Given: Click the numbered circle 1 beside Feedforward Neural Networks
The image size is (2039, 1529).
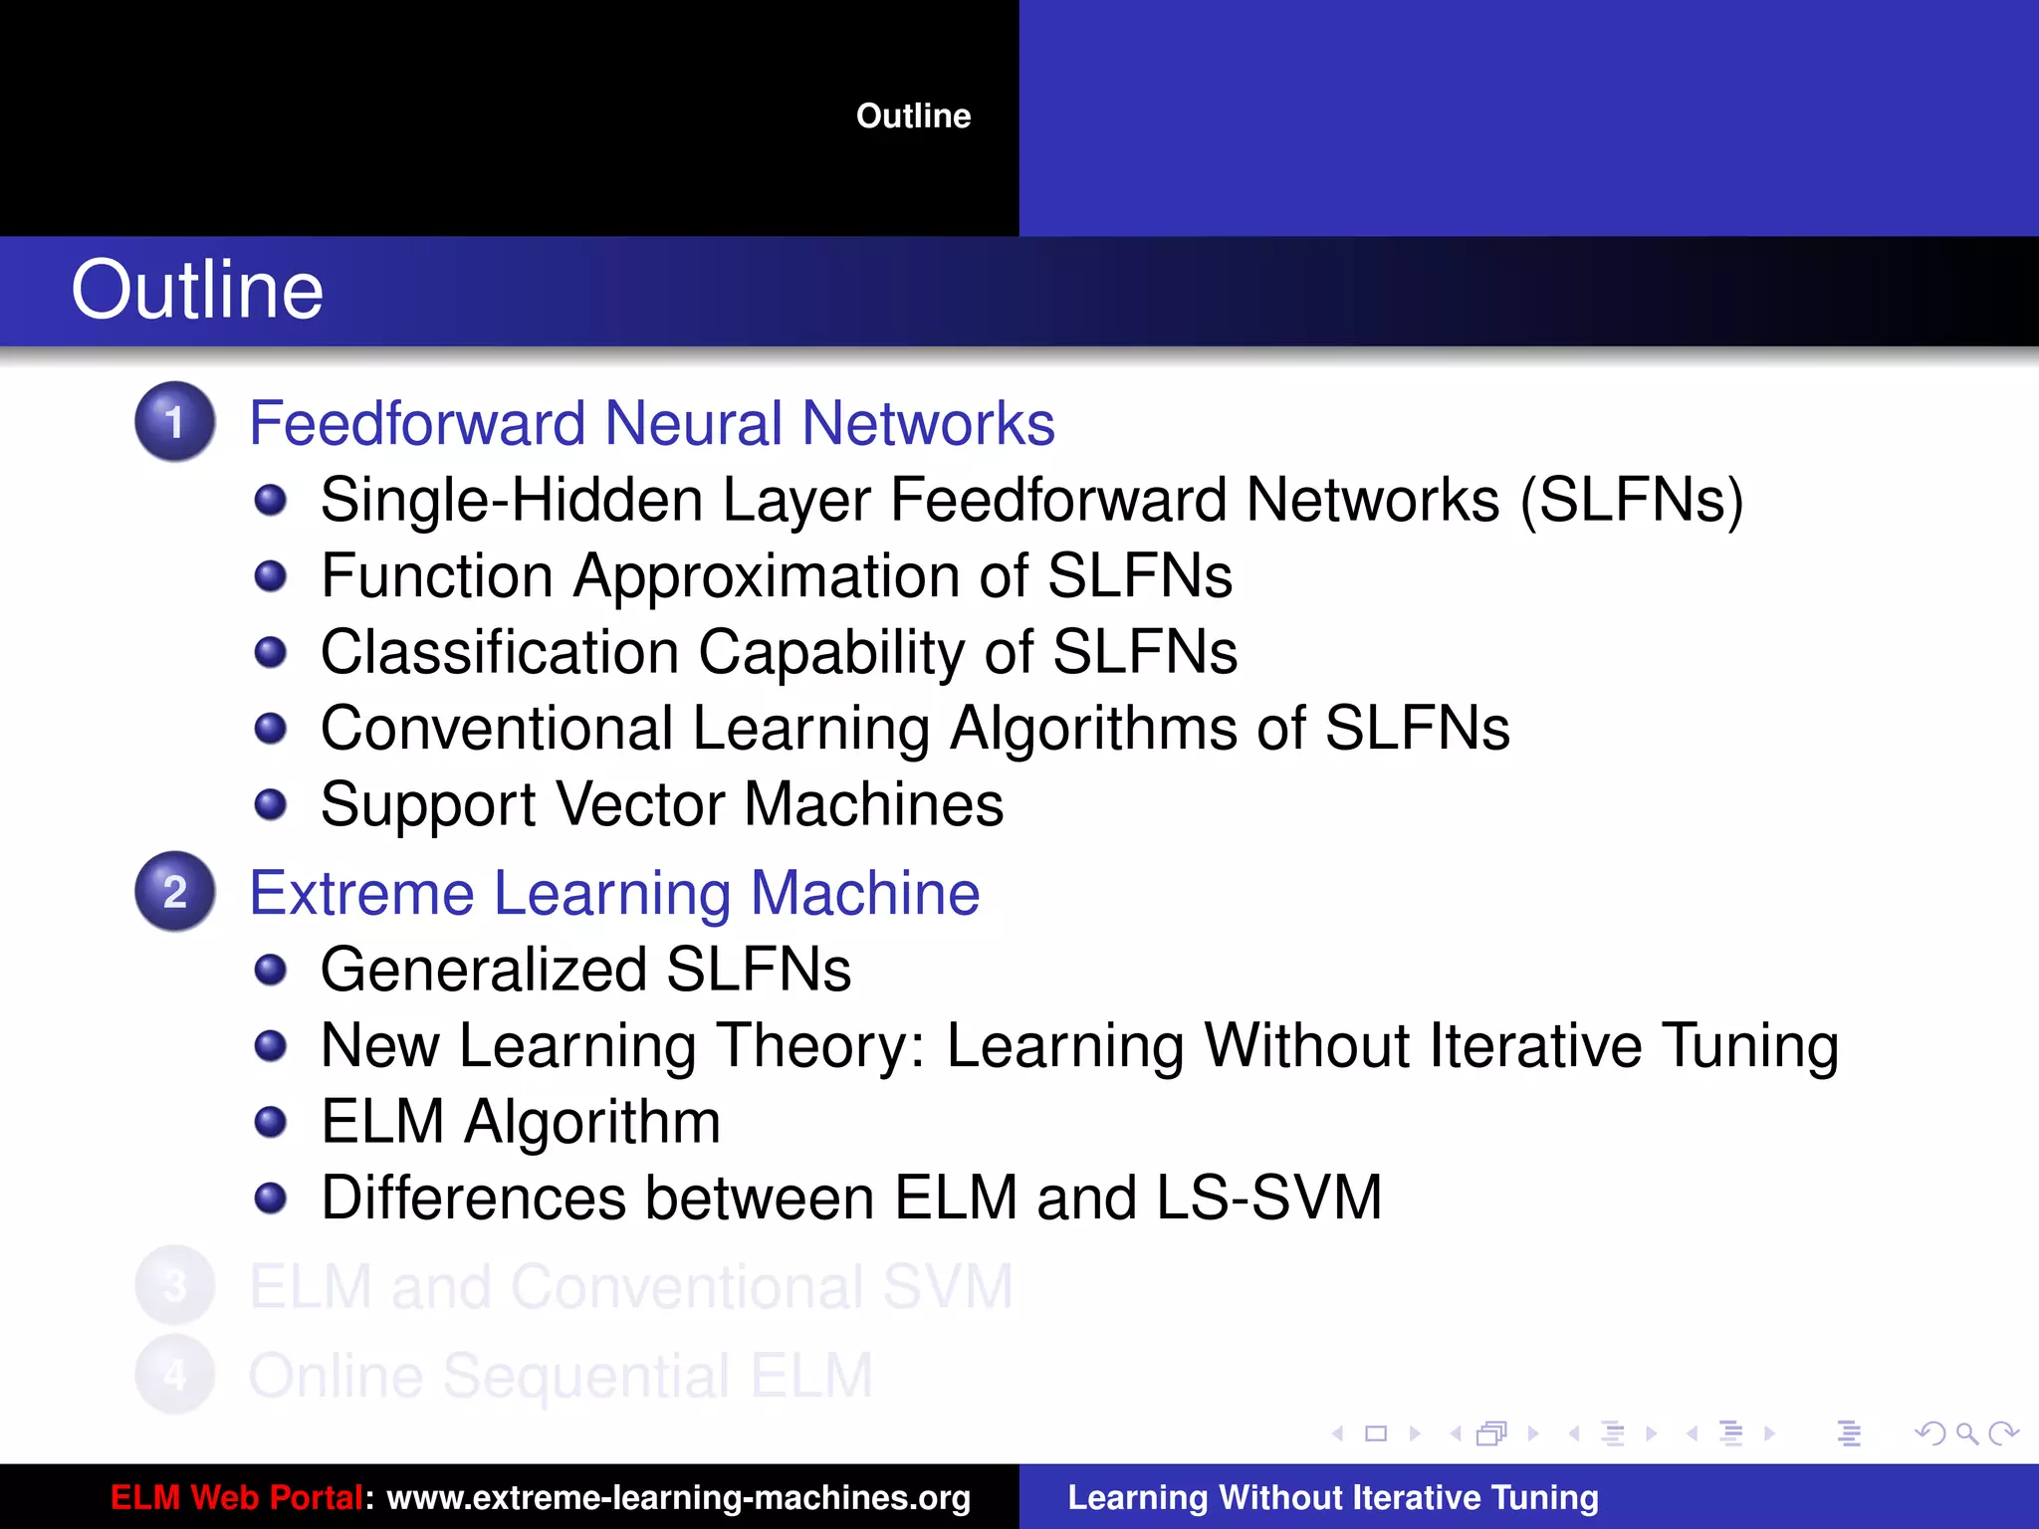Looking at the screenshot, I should coord(175,422).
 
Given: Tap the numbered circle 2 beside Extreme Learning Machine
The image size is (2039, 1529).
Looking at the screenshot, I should coord(175,892).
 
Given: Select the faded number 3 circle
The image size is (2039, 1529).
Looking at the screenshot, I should coord(175,1286).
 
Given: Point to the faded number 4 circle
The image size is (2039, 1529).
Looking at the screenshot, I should coord(175,1376).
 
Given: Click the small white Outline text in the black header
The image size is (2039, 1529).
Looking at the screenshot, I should coord(913,116).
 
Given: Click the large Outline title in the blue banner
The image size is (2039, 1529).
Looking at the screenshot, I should coord(197,290).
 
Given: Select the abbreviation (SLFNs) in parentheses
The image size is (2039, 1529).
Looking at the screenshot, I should coord(1632,500).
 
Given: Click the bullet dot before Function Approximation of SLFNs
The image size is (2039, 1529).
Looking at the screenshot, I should coord(271,575).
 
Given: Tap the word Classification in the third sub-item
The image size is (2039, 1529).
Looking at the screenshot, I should coord(500,652).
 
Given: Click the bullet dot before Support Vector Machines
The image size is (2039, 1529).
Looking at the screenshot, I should coord(271,804).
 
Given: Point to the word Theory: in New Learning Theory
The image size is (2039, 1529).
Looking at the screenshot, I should coord(821,1046).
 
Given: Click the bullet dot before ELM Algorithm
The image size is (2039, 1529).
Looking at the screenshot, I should coord(271,1122).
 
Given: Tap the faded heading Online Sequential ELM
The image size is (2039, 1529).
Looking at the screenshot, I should coord(561,1376).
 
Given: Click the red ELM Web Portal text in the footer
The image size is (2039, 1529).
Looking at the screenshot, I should coord(236,1497).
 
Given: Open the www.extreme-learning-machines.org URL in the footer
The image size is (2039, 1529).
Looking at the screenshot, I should coord(678,1497).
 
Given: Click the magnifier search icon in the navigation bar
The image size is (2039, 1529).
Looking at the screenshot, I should coord(1966,1433).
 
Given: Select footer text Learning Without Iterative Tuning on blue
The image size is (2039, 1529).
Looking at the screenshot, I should coord(1333,1497).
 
